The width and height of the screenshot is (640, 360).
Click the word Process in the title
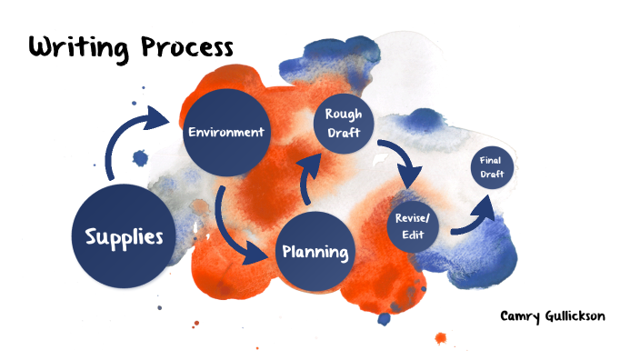click(x=185, y=47)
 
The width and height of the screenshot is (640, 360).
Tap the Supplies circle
click(x=124, y=237)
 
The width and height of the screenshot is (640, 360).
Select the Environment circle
click(x=225, y=133)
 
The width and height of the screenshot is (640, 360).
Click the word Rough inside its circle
click(x=344, y=115)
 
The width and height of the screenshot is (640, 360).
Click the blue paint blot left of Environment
click(x=140, y=158)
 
